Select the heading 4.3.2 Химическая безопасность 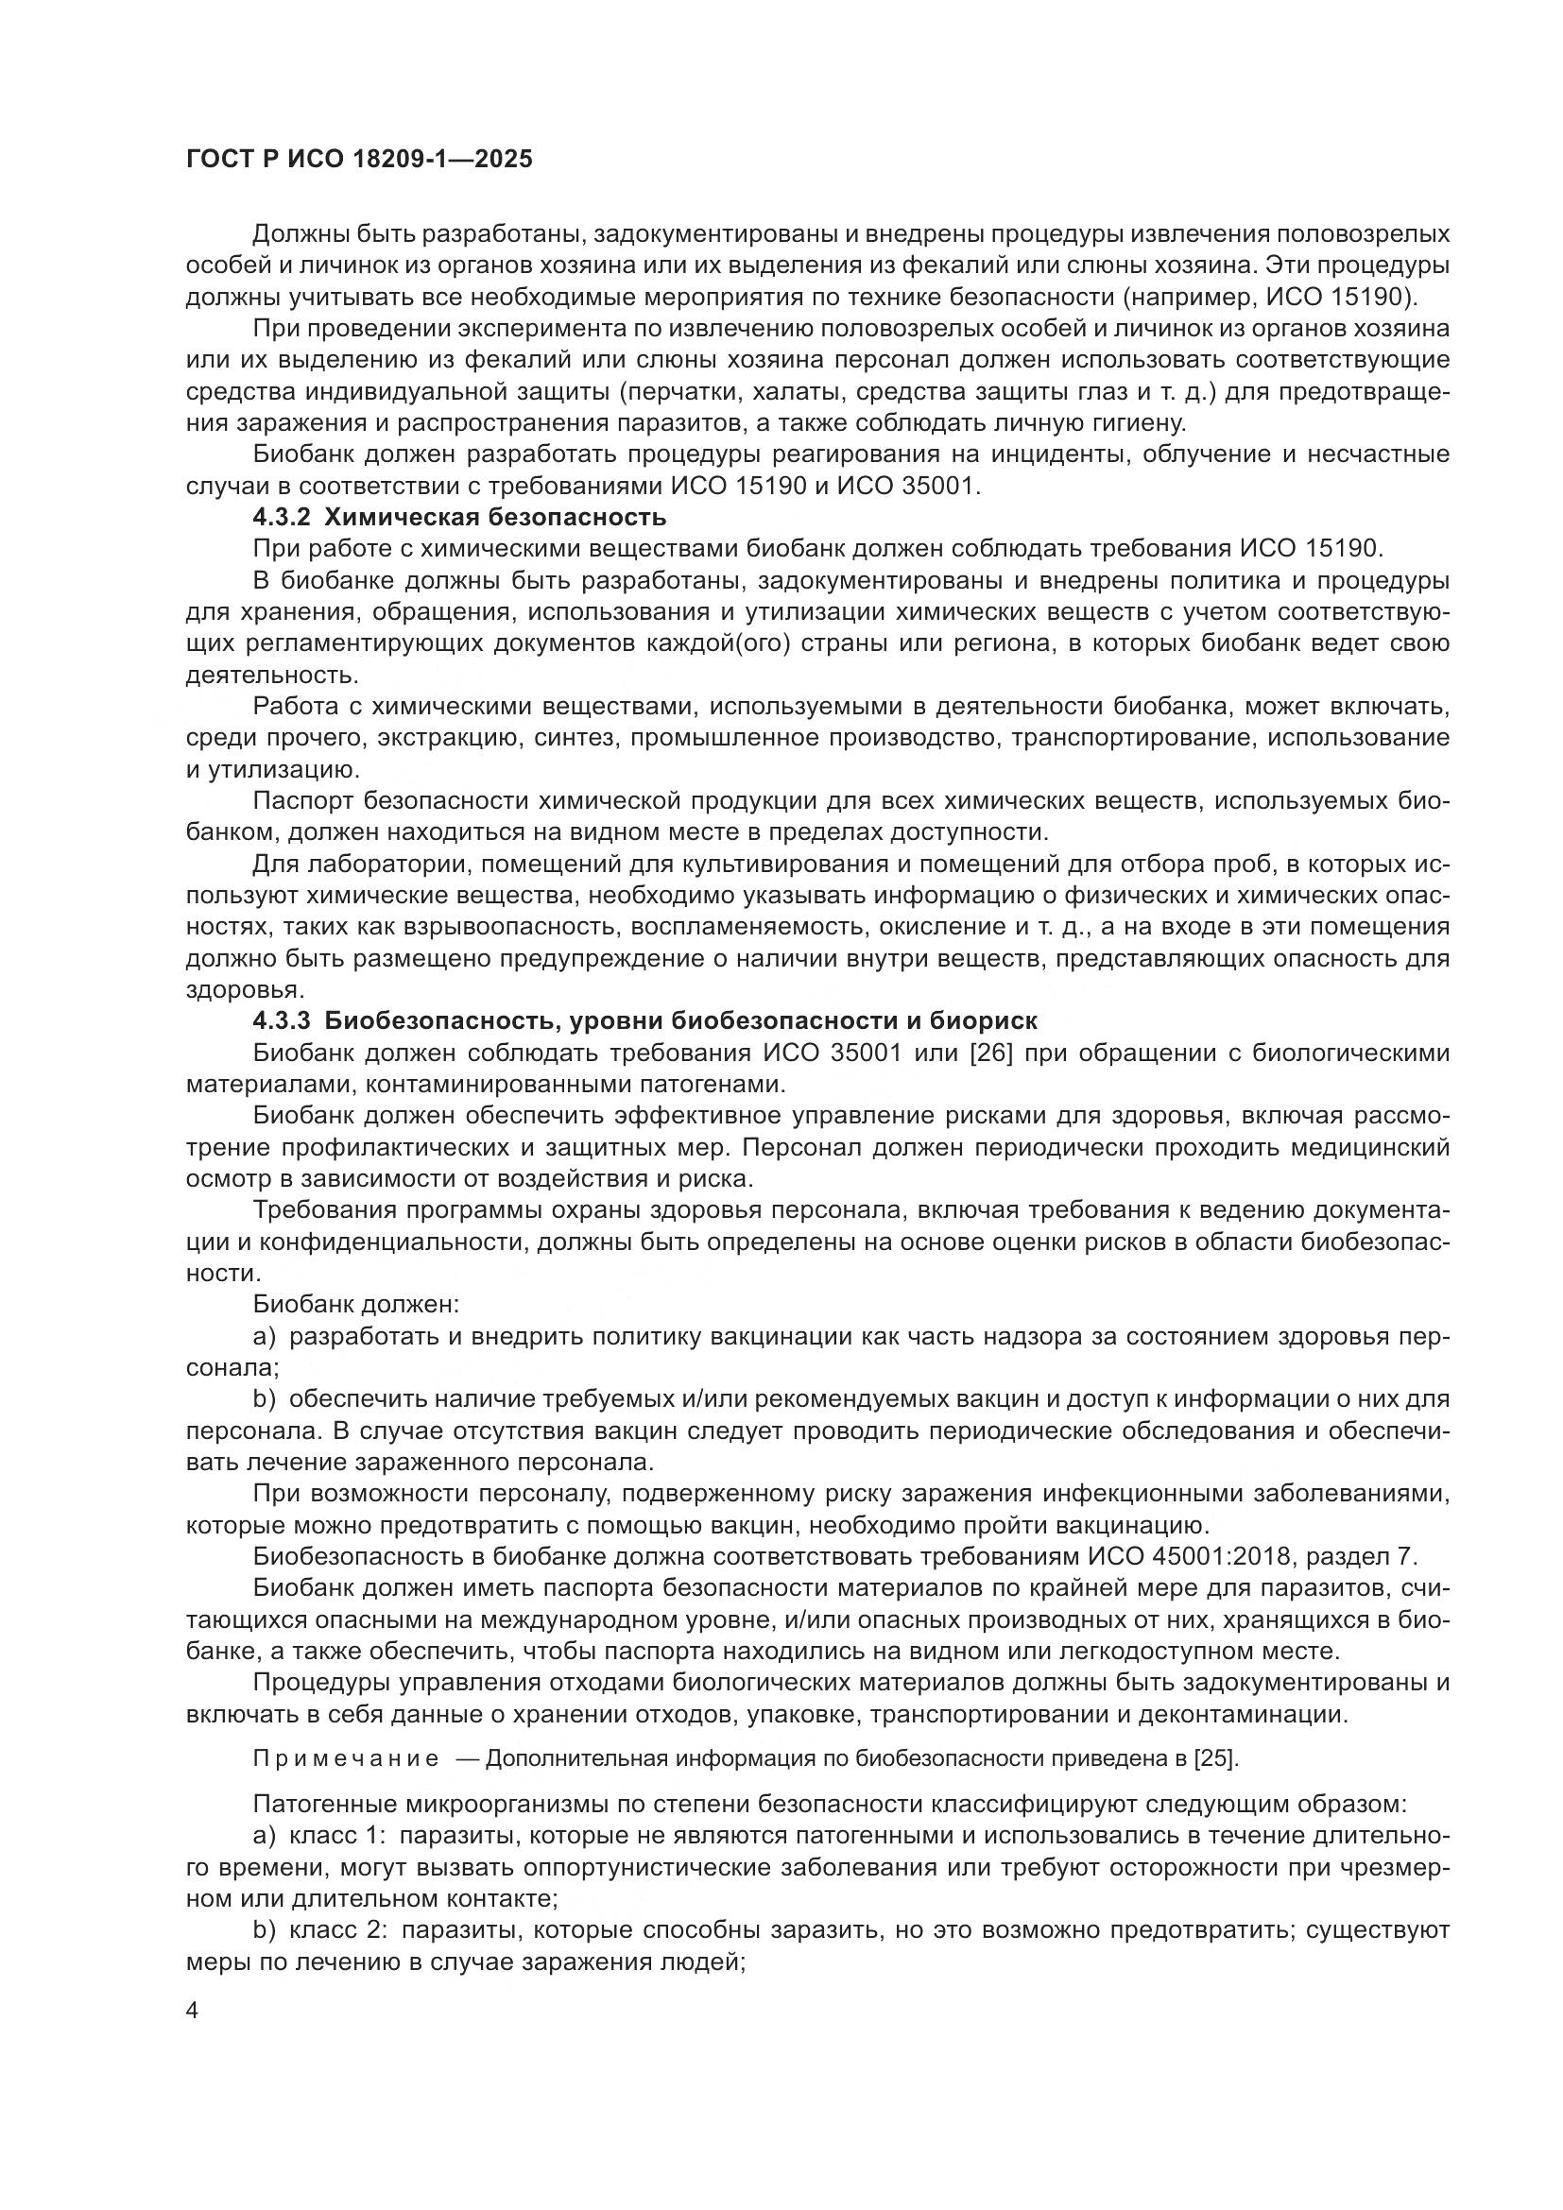[x=459, y=518]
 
